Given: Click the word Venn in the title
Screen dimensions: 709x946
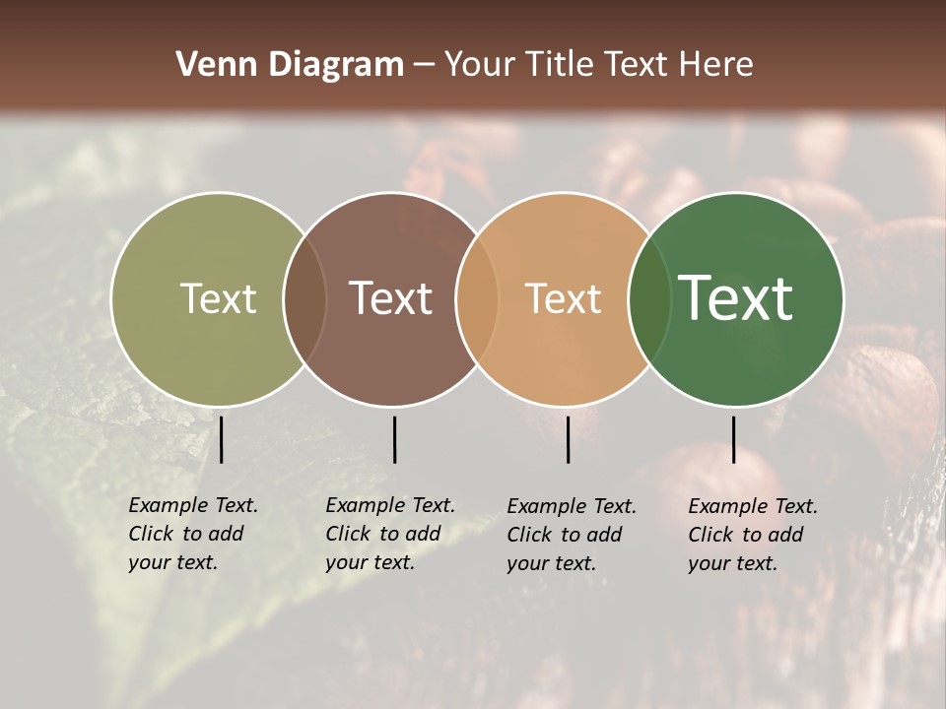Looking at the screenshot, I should [210, 65].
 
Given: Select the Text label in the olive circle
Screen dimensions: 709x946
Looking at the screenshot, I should [218, 298].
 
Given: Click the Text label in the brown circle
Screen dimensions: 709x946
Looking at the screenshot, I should [391, 298].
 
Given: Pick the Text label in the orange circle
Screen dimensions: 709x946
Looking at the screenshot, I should [563, 298].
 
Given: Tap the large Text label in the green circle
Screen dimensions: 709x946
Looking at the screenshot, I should [735, 298].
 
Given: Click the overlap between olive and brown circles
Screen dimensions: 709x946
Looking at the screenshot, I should [304, 298].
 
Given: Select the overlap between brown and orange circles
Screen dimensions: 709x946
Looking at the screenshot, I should [477, 298].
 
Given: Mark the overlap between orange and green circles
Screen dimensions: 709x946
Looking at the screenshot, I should [649, 298].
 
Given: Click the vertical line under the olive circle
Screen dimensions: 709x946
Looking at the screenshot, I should [222, 439].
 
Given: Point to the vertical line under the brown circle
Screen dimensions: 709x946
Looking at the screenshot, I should [394, 439].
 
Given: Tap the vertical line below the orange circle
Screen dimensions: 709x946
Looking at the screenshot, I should [569, 439].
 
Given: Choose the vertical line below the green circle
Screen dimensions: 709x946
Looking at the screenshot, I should [733, 439].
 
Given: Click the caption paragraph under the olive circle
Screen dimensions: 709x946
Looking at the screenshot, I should [192, 534].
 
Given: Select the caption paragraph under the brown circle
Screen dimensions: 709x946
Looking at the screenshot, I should [389, 534].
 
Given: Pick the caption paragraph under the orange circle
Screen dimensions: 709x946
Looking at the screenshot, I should [571, 535].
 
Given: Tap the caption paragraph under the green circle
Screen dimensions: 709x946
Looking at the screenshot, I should [752, 535].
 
